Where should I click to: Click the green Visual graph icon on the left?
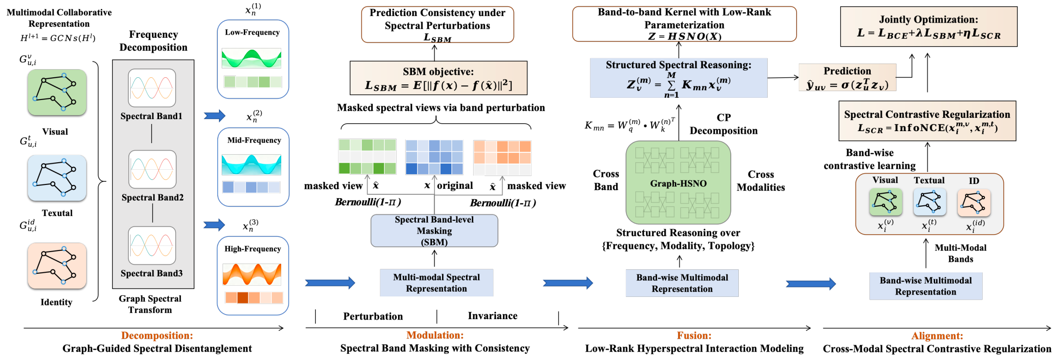coord(57,92)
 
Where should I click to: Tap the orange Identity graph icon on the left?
coord(57,266)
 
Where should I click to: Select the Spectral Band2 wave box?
coord(152,169)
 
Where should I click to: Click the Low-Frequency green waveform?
coord(251,58)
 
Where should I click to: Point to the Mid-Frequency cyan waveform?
coord(251,165)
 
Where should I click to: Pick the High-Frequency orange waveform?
coord(251,274)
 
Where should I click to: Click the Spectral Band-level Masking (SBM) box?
coord(434,231)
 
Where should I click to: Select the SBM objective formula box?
coord(438,78)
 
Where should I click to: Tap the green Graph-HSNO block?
coord(678,183)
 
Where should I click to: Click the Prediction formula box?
coord(847,77)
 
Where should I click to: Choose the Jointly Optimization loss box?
coord(928,27)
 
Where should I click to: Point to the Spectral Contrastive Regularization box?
coord(927,121)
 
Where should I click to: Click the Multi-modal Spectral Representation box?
coord(436,283)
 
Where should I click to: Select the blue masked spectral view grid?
coord(434,157)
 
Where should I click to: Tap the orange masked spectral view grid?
coord(502,158)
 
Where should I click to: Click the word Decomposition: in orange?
coord(157,336)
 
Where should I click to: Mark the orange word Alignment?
coord(937,336)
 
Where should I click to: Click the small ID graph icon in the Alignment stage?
coord(974,202)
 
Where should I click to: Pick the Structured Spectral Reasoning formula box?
coord(678,78)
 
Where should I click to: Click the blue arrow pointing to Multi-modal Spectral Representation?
coord(330,283)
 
